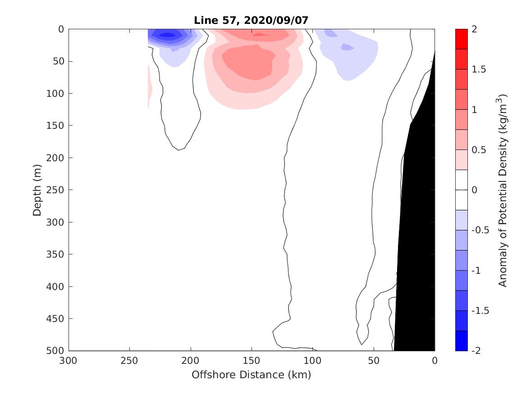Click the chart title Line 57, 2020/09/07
tap(251, 21)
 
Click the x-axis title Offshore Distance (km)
tap(251, 375)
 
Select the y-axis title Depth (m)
tap(37, 190)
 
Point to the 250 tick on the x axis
tap(130, 361)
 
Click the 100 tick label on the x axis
tap(312, 361)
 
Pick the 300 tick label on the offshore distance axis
tap(69, 361)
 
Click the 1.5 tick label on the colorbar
tap(479, 69)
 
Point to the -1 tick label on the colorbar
tap(476, 270)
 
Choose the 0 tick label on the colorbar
tap(474, 190)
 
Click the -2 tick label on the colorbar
tap(476, 350)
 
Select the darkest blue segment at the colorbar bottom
tap(462, 340)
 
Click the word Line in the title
tap(202, 21)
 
